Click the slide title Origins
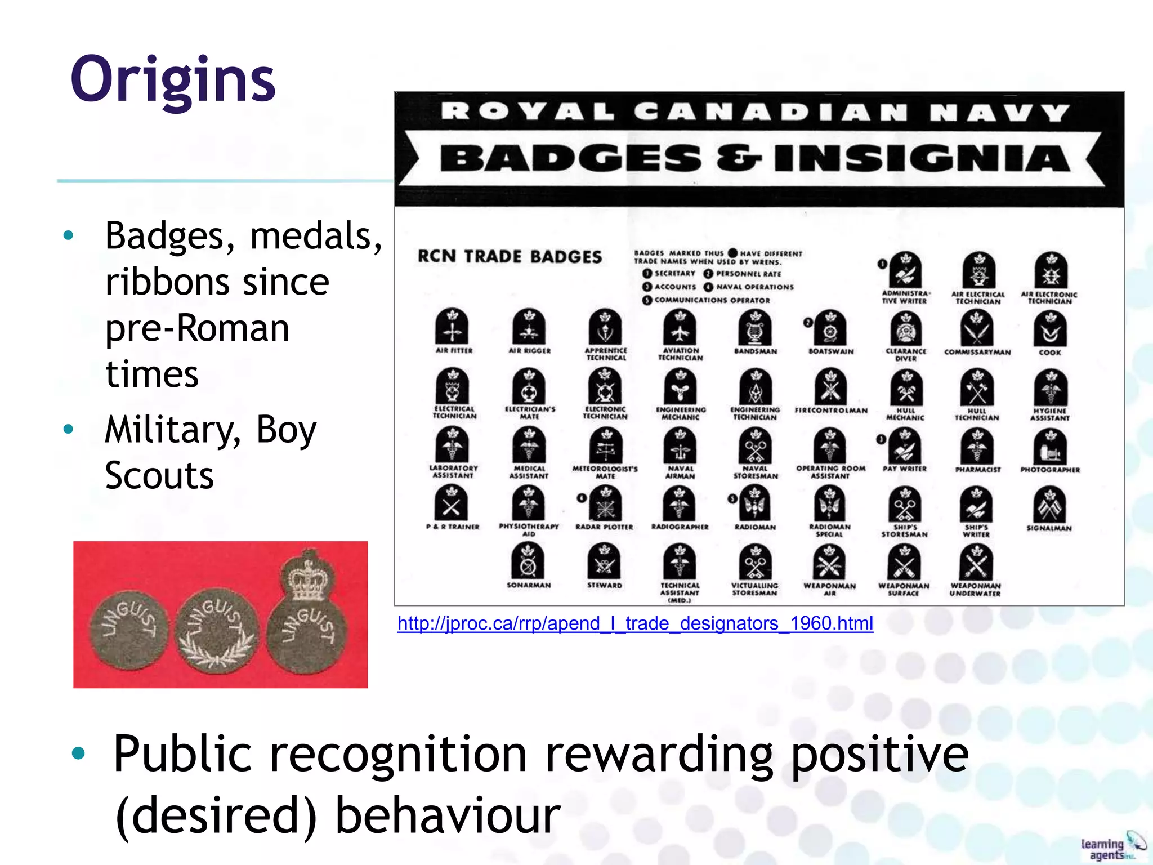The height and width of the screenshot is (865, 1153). point(173,81)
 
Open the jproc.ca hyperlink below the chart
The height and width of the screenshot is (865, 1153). point(635,623)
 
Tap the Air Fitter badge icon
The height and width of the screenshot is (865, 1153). point(452,327)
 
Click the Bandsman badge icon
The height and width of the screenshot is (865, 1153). point(755,328)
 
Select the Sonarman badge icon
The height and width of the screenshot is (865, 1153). point(528,561)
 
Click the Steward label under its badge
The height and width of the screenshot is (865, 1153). point(605,586)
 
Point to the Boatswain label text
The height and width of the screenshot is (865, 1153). point(831,351)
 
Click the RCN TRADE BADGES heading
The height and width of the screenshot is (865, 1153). point(510,257)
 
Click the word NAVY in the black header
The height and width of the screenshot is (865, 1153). point(999,113)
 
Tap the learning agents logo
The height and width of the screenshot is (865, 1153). point(1112,846)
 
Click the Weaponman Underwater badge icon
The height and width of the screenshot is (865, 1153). point(976,563)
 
